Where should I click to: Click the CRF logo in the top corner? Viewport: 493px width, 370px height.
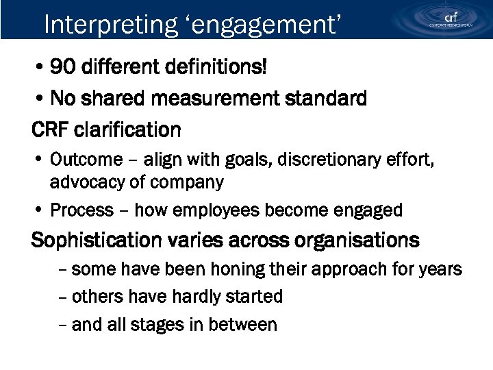(450, 19)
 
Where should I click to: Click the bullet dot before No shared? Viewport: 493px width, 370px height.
(42, 99)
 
